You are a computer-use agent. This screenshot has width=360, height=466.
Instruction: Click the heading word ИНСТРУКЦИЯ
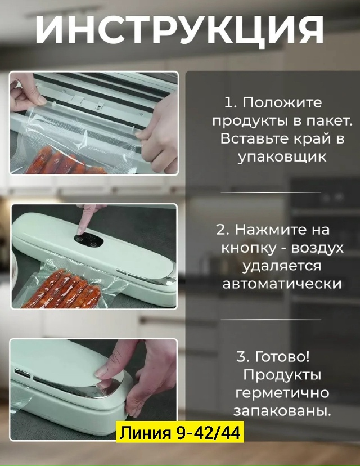(x=179, y=29)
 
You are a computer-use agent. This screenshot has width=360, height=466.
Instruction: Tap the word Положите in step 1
(x=282, y=103)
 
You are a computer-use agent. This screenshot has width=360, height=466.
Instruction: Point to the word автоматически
(x=282, y=284)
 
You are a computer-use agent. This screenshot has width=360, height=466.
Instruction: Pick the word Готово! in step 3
(x=282, y=357)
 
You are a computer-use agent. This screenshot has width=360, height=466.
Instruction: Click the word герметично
(x=282, y=393)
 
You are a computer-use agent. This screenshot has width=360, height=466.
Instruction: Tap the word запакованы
(x=282, y=411)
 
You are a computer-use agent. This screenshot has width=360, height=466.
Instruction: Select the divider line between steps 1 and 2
(x=271, y=192)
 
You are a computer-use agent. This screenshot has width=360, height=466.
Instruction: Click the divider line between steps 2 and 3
(x=271, y=320)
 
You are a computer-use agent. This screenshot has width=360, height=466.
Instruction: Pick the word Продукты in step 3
(x=282, y=375)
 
